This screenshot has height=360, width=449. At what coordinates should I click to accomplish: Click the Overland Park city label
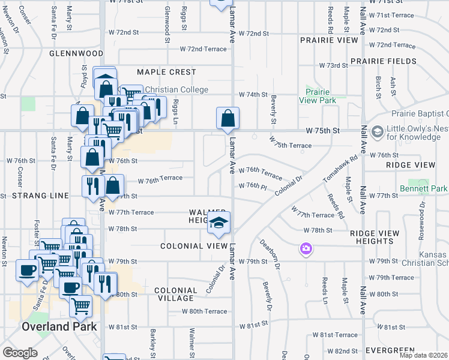59,327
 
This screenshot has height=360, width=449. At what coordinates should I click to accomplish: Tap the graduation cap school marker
218,224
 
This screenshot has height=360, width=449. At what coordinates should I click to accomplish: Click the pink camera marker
306,248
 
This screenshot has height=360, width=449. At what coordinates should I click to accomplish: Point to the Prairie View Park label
320,96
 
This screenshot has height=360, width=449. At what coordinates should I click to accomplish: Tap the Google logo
20,353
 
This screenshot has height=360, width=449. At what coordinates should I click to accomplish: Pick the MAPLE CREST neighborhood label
166,72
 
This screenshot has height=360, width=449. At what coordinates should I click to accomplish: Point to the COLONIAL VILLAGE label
175,294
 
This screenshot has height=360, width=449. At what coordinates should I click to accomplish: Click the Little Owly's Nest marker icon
378,131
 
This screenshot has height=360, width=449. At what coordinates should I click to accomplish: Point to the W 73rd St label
333,65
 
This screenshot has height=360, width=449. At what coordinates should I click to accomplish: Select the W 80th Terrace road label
205,311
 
